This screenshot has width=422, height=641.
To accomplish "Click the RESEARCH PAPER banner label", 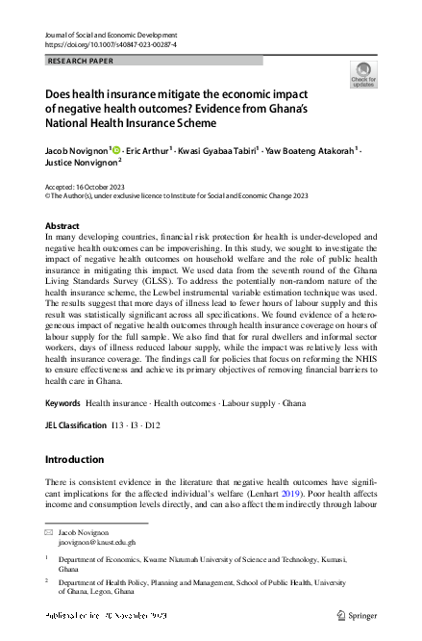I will point(81,61).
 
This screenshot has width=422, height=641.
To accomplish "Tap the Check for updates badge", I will point(364,75).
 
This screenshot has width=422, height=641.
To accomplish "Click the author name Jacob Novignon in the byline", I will point(78,150).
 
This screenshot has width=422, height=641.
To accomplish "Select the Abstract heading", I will point(62,226).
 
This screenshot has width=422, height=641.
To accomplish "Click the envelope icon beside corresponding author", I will point(50,530).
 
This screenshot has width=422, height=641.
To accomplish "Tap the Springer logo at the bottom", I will point(358,615).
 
